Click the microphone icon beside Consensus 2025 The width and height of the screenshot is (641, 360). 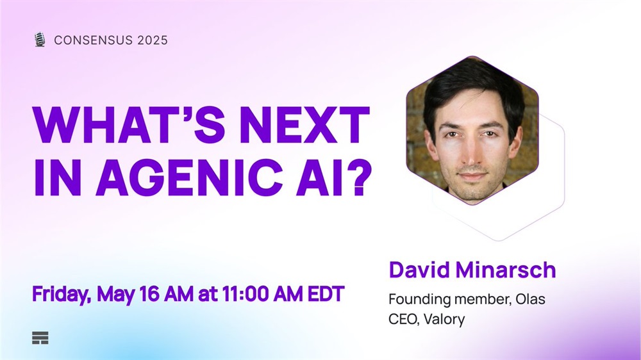click(x=40, y=40)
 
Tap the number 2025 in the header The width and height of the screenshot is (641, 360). click(x=153, y=40)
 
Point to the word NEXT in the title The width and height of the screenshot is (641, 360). click(x=304, y=124)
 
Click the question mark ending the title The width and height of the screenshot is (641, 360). click(x=362, y=177)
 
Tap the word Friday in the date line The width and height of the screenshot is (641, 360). click(x=62, y=294)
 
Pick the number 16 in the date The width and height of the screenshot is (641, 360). click(x=149, y=294)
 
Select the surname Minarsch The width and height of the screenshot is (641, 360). click(x=506, y=270)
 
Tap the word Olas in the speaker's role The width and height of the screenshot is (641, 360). click(x=530, y=299)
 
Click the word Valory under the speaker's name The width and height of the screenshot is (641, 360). click(x=444, y=319)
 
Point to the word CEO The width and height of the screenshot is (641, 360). click(x=403, y=319)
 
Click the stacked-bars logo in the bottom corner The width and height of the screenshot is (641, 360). click(x=40, y=338)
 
